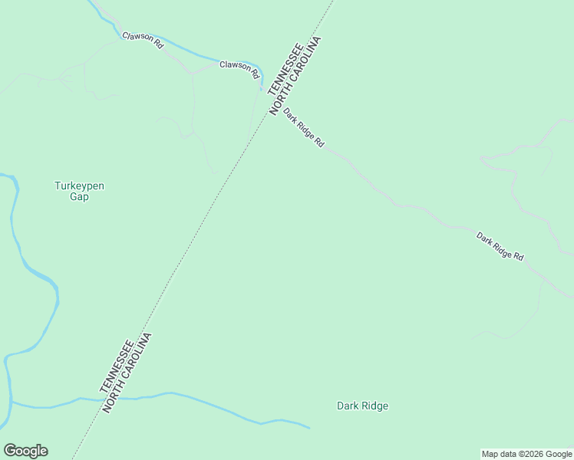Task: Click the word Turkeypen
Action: [x=79, y=186]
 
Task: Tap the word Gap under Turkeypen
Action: [x=79, y=197]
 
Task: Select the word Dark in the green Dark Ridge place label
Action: [x=349, y=406]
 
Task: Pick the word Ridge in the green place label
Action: [x=375, y=406]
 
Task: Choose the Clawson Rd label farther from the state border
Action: [x=143, y=40]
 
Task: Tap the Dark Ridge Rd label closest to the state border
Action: [x=304, y=128]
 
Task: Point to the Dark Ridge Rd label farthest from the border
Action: [x=500, y=246]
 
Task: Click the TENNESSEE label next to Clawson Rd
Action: [x=285, y=68]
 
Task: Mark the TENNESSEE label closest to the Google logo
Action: [x=117, y=366]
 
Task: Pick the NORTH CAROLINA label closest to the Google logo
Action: [x=129, y=373]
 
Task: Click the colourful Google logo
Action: [x=25, y=451]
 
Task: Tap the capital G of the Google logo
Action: [x=9, y=450]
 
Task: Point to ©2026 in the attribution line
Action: [x=533, y=455]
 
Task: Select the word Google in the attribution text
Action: [x=559, y=455]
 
